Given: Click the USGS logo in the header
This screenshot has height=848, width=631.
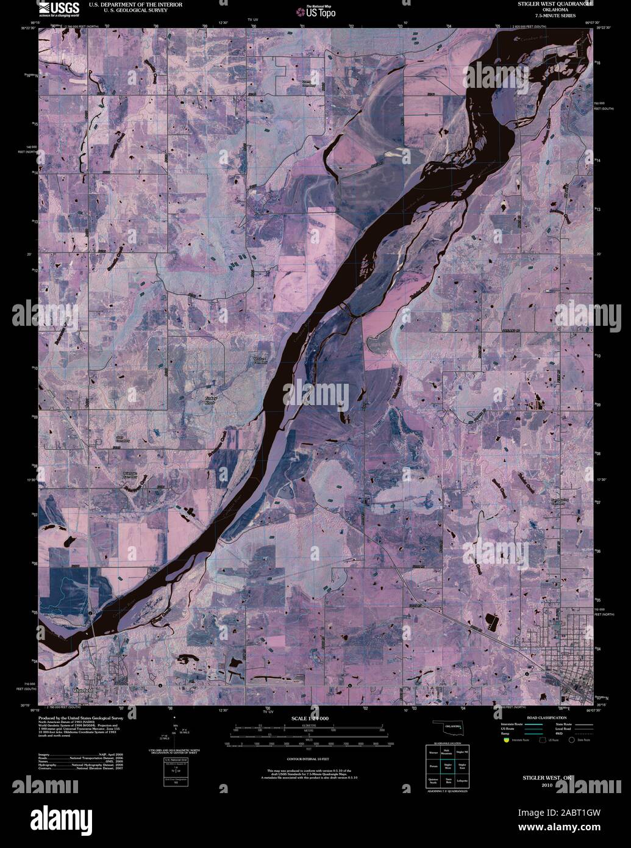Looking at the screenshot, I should [59, 7].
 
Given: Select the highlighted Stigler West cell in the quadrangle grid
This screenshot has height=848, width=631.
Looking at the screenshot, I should [448, 765].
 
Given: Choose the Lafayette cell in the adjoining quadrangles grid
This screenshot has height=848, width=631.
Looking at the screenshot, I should [462, 782].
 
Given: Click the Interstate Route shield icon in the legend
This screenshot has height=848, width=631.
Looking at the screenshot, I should [506, 740].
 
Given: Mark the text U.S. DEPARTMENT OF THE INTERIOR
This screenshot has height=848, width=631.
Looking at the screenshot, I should [127, 4].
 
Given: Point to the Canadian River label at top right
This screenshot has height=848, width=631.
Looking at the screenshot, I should [529, 38].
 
